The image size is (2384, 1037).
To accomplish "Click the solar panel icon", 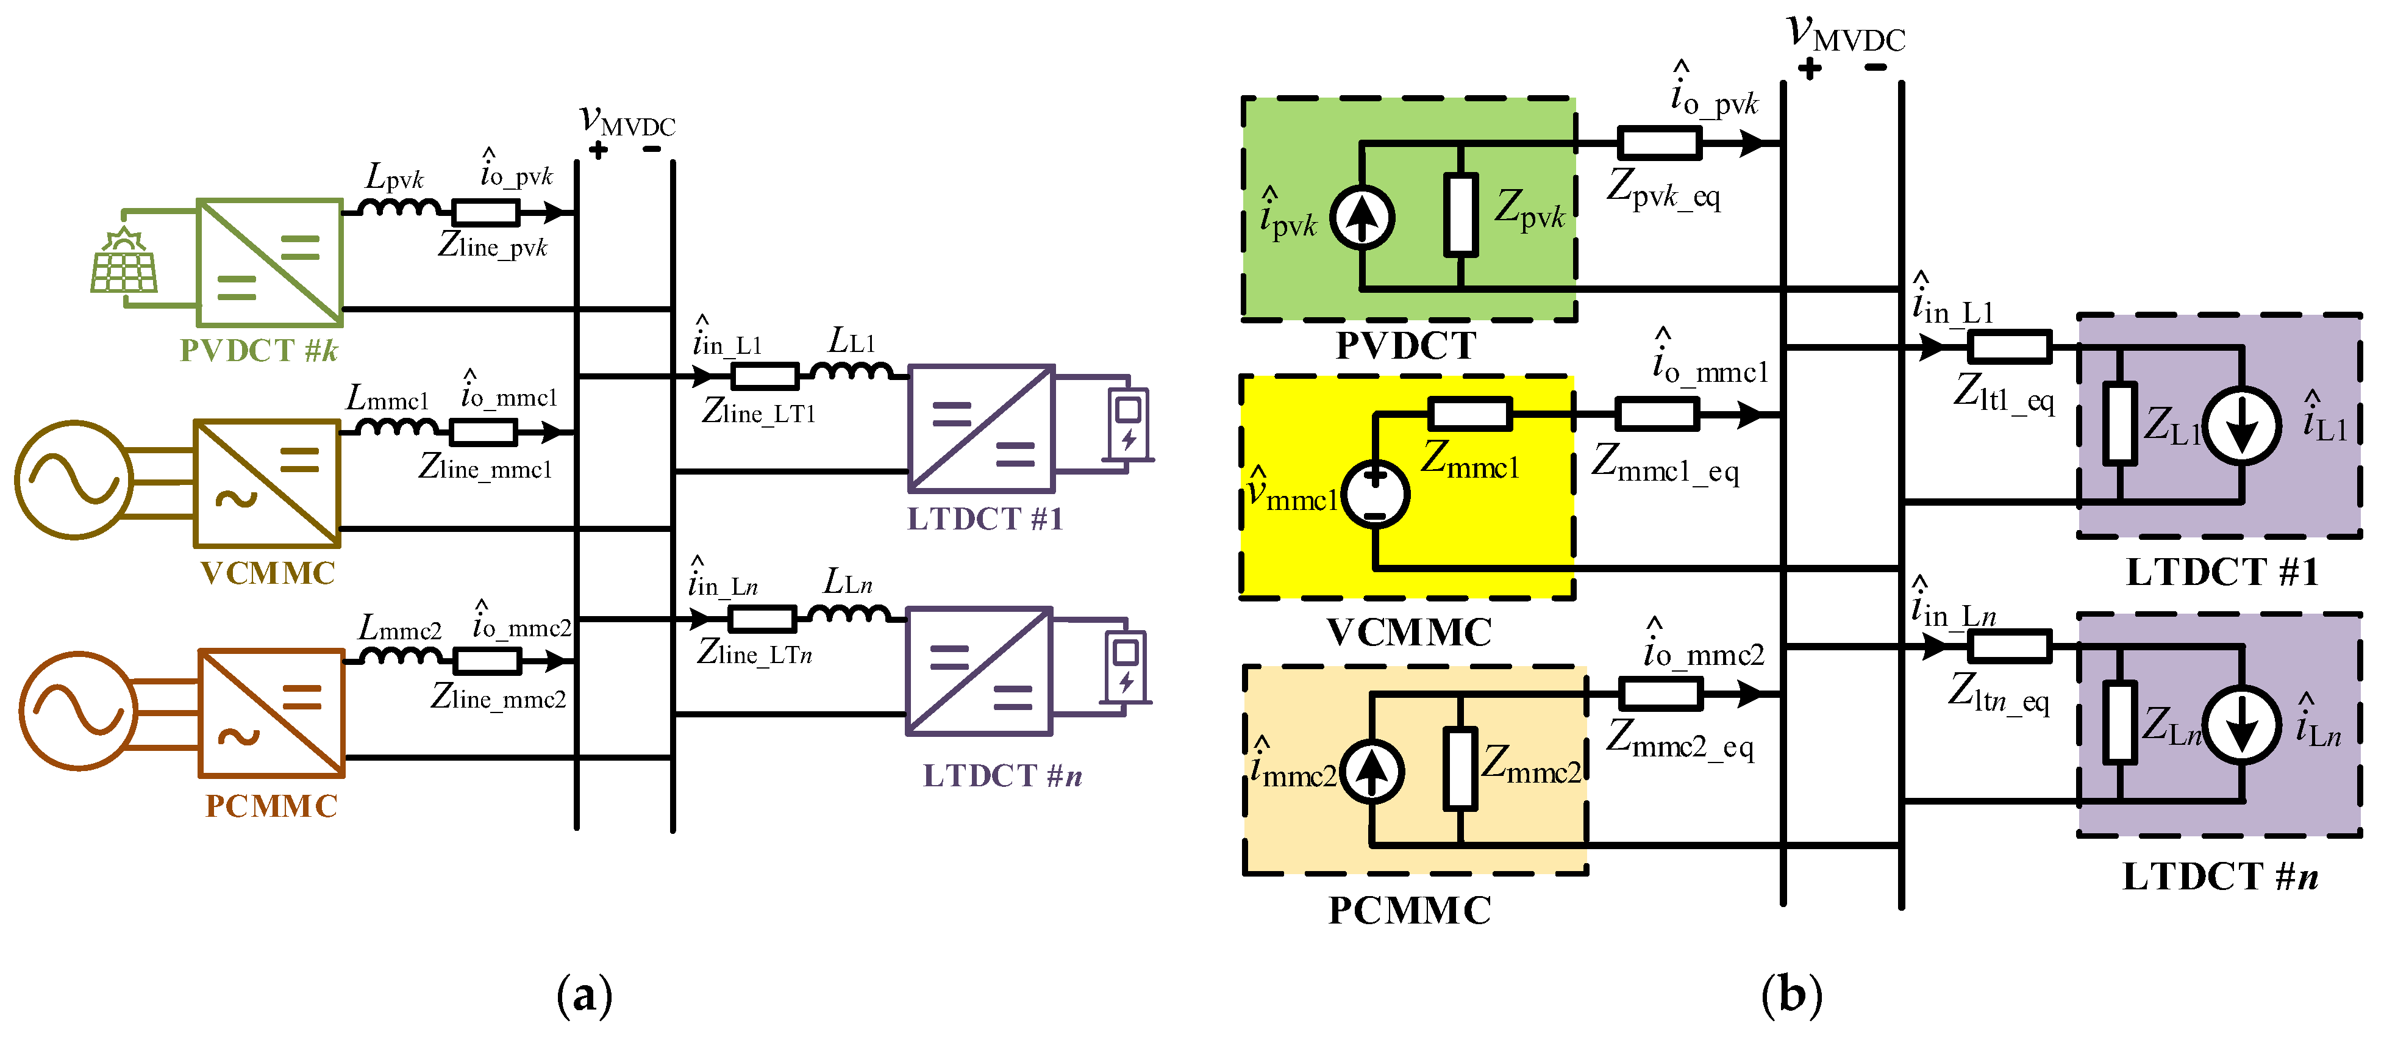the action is (124, 262).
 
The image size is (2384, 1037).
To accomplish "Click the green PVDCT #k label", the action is (259, 350).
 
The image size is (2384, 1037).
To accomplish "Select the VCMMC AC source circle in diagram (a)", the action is (74, 479).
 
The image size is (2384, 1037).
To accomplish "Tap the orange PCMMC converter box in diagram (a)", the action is (271, 713).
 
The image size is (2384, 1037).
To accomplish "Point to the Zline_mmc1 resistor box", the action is (482, 432).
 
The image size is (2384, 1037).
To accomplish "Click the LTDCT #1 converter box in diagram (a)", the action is (981, 428).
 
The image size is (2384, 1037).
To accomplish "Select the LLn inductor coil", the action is (849, 613).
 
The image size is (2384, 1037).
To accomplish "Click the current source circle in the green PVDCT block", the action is (1362, 218).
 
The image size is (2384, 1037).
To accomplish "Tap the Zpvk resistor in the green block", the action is (1460, 214).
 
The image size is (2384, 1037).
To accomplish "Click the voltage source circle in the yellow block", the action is (1376, 495).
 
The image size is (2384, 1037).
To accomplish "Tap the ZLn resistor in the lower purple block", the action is (2120, 722).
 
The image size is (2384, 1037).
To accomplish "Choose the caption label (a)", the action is (585, 996).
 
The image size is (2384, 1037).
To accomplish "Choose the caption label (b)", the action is (1792, 996).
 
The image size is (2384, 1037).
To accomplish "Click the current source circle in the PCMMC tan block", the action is (1372, 771).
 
